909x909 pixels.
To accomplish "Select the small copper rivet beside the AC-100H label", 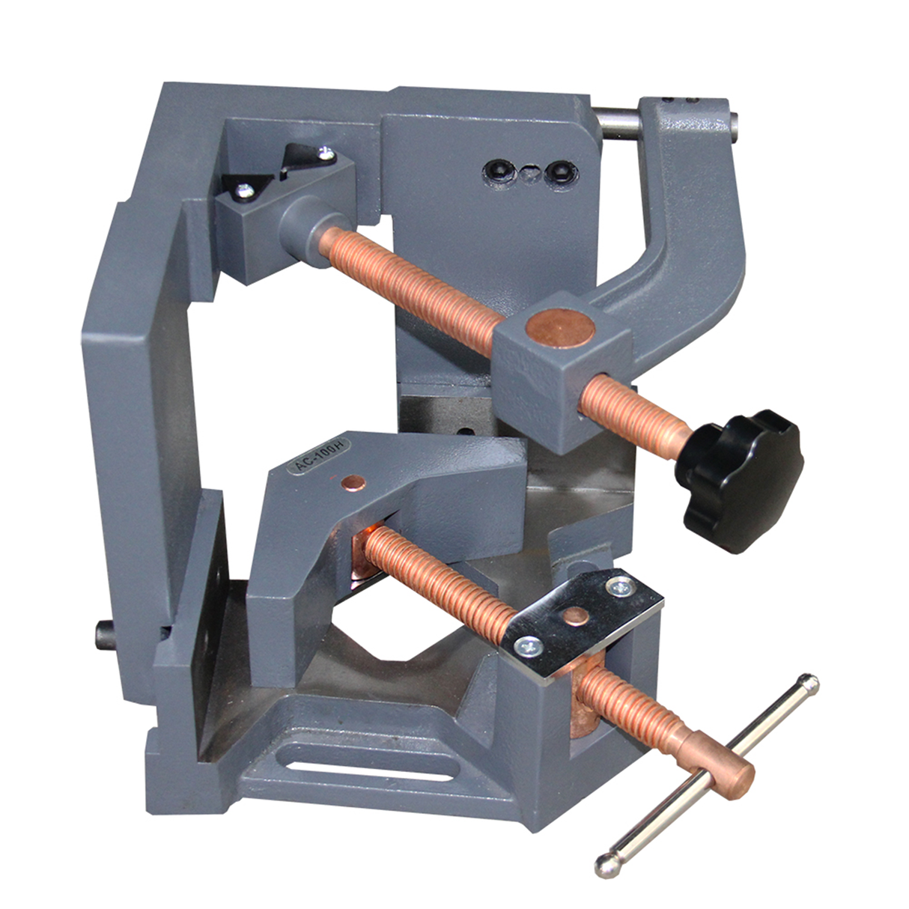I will [349, 480].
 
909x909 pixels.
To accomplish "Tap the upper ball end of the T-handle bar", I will [809, 684].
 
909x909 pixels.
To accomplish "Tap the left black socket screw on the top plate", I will [496, 171].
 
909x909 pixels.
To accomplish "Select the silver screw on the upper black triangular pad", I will [324, 154].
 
